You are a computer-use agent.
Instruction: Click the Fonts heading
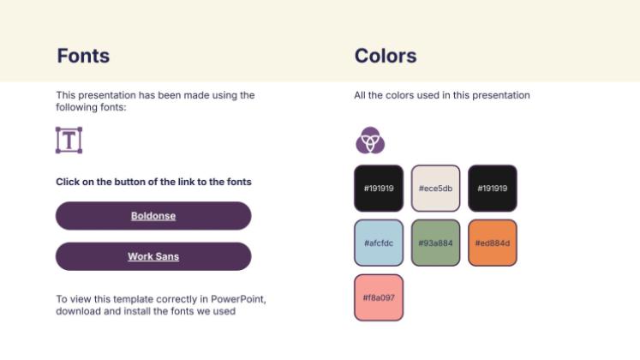point(83,57)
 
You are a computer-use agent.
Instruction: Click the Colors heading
point(386,57)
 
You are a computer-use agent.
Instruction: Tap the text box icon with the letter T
point(69,141)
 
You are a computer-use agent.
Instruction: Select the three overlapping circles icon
point(370,141)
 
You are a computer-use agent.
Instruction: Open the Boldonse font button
point(153,216)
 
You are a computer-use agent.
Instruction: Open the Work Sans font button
point(153,256)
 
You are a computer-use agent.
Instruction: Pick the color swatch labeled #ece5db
point(435,188)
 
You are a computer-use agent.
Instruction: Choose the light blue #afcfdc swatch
point(378,243)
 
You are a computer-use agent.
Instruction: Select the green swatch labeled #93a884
point(435,243)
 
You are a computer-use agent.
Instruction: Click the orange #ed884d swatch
point(493,243)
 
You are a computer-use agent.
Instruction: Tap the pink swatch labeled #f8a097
point(378,297)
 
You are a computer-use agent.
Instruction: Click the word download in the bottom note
point(79,311)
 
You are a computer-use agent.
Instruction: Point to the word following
point(78,107)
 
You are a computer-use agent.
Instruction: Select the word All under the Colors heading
point(361,95)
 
